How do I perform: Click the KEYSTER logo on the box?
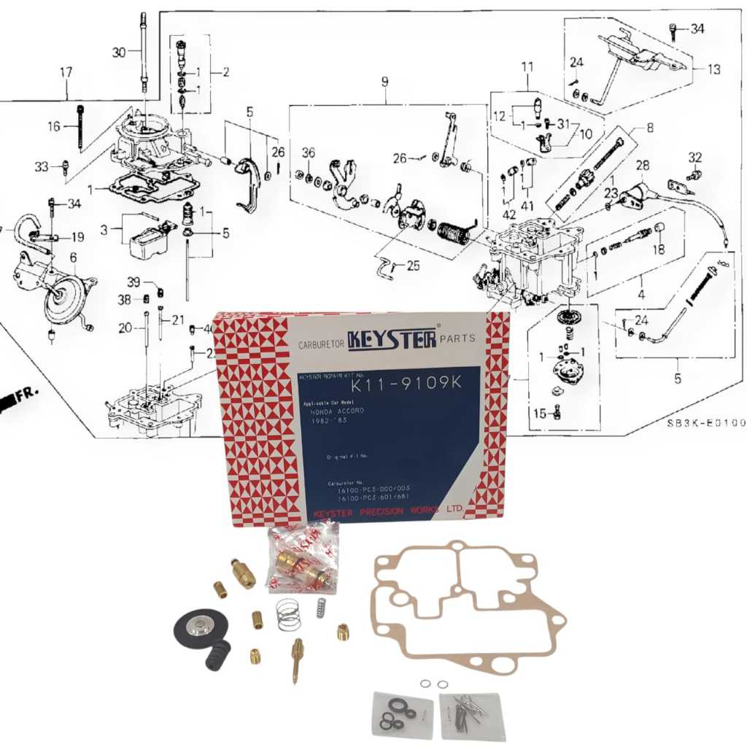coord(392,338)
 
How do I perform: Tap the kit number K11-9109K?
coord(407,383)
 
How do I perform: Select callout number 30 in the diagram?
coord(119,52)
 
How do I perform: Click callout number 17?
coord(66,72)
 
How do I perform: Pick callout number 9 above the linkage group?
coord(384,82)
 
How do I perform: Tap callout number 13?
coord(713,69)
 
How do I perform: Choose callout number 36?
coord(309,152)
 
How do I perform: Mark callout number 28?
coord(642,166)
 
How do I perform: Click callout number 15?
coord(539,414)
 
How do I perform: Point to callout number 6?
coord(73,257)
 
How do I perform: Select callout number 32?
coord(694,157)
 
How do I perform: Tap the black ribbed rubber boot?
coord(218,654)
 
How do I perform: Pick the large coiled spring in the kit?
coord(288,614)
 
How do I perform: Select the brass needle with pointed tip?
coord(298,659)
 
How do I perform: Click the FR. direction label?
coord(26,393)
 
